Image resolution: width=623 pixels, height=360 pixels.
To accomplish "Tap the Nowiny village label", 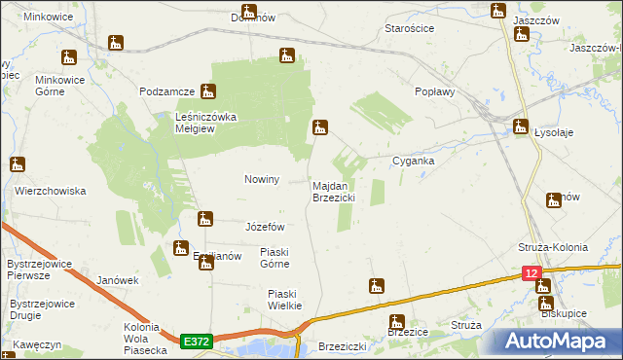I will [261, 180].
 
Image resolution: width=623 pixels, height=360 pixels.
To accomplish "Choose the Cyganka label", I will [413, 161].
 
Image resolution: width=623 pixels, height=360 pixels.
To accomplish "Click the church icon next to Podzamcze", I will [207, 92].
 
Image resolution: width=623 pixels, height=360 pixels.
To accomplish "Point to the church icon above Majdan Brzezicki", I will [319, 127].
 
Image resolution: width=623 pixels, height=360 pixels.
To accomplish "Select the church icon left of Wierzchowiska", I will [17, 164].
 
